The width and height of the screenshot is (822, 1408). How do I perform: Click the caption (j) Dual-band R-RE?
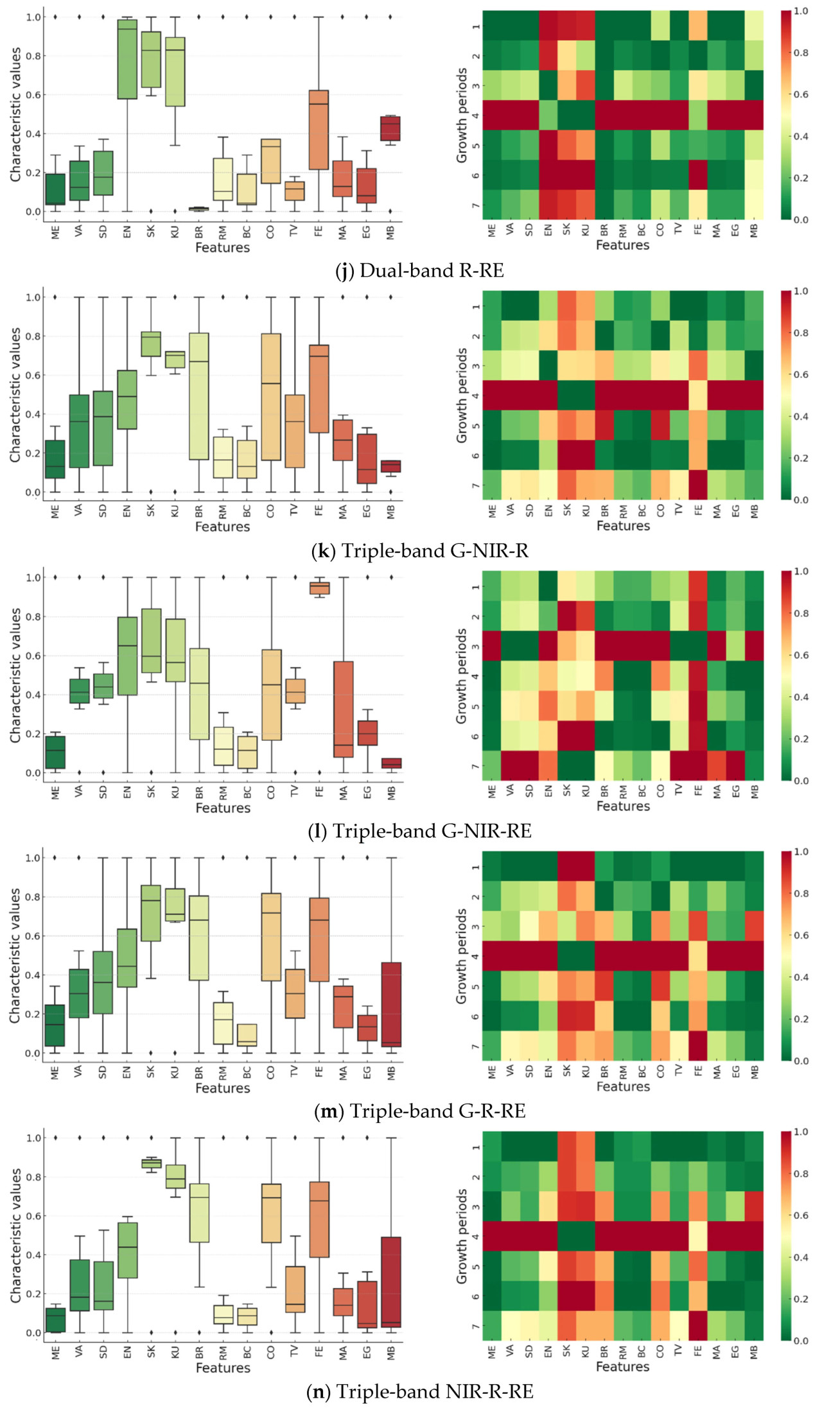(x=419, y=271)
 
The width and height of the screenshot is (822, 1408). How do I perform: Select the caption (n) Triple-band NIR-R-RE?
(x=419, y=1391)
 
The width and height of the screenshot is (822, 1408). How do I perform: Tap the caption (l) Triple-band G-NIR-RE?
(x=419, y=831)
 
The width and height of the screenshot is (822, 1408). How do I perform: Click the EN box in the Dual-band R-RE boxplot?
(x=127, y=59)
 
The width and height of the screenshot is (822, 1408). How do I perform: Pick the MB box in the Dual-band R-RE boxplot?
(x=390, y=128)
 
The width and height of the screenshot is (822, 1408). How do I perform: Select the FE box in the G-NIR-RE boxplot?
(x=319, y=588)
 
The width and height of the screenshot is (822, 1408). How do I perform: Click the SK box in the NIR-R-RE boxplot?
(x=151, y=1163)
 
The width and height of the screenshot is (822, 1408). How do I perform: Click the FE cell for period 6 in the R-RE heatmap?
(x=698, y=175)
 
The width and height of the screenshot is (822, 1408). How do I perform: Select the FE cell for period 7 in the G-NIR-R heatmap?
(x=698, y=485)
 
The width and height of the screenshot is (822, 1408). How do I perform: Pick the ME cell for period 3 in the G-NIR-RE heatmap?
(x=492, y=646)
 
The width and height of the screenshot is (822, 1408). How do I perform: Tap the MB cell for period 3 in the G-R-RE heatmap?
(x=755, y=926)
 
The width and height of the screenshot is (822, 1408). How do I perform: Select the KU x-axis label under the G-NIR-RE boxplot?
(x=175, y=792)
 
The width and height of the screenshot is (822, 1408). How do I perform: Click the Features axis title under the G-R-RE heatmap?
(x=623, y=1086)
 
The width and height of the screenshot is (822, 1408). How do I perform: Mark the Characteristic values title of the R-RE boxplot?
(x=15, y=114)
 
